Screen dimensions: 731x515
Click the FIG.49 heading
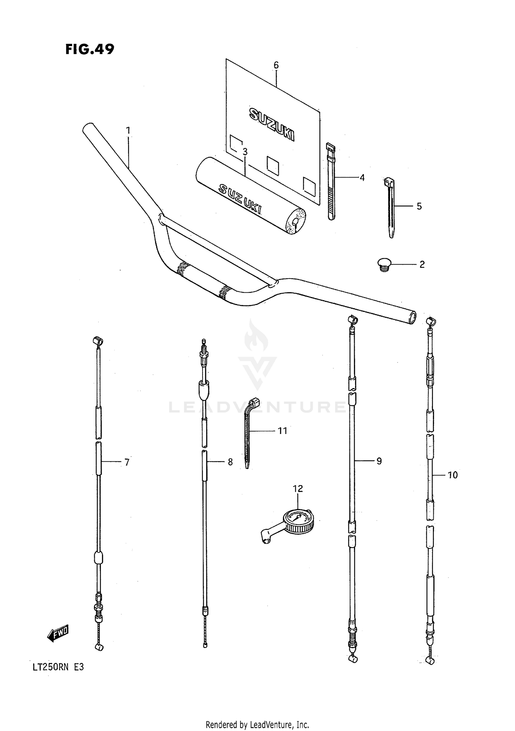click(x=90, y=49)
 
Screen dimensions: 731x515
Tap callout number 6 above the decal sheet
click(x=276, y=65)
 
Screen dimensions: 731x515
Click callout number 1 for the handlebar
click(x=128, y=130)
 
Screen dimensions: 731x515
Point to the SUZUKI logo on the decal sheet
click(x=272, y=124)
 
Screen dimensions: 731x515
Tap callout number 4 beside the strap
click(x=362, y=178)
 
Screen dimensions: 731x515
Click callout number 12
click(x=298, y=488)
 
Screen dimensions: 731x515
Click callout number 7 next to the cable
click(x=127, y=462)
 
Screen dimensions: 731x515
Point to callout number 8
click(x=230, y=462)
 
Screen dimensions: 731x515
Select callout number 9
click(x=379, y=461)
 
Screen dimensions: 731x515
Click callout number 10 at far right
click(x=453, y=475)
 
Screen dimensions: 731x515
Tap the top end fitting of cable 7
click(x=98, y=341)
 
